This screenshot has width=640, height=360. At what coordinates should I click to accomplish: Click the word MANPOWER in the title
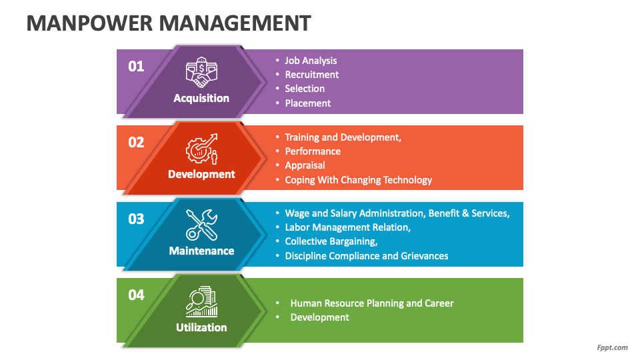(x=89, y=23)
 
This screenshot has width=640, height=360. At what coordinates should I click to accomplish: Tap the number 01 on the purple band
(x=136, y=66)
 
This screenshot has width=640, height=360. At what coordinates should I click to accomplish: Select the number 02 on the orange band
(x=136, y=143)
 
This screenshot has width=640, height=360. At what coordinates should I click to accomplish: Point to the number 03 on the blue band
(x=136, y=219)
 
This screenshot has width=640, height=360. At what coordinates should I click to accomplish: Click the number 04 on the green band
(x=136, y=295)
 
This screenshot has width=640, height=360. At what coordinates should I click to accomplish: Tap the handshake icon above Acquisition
(x=201, y=73)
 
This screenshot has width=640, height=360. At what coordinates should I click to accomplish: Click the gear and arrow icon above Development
(x=201, y=149)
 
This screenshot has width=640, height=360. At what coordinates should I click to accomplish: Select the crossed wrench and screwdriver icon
(x=201, y=225)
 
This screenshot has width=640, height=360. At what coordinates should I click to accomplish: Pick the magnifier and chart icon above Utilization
(x=201, y=301)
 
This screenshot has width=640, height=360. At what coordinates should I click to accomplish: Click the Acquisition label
(x=201, y=99)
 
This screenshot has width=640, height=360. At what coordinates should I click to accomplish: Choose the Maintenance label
(x=201, y=251)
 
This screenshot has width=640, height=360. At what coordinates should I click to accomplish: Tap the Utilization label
(x=201, y=327)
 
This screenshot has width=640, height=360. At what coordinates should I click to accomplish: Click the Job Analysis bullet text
(x=311, y=61)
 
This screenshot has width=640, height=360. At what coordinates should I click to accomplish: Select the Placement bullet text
(x=308, y=103)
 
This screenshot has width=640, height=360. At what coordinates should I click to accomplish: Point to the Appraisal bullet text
(x=305, y=165)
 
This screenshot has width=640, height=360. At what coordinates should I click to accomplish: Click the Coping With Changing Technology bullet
(x=359, y=180)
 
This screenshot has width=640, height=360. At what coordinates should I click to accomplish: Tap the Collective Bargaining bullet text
(x=331, y=241)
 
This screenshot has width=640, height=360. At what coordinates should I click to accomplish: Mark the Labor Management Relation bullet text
(x=348, y=227)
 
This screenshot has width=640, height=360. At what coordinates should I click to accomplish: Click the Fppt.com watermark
(x=612, y=347)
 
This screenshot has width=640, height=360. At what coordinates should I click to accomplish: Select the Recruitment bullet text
(x=312, y=75)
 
